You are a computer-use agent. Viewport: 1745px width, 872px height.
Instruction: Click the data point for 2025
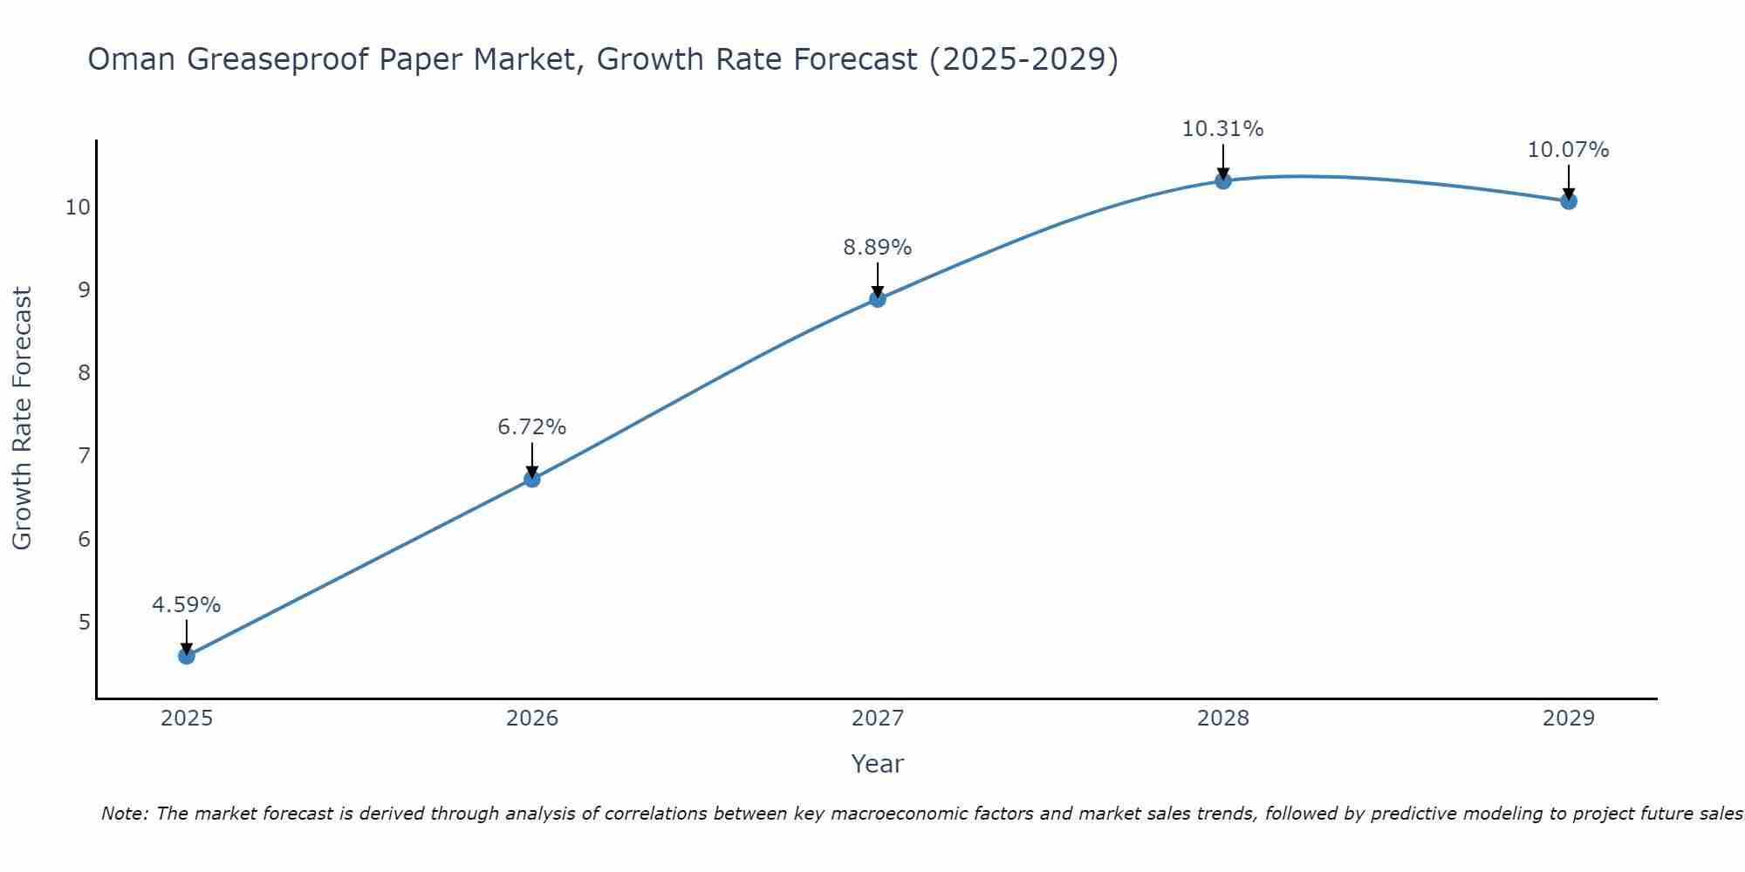(187, 656)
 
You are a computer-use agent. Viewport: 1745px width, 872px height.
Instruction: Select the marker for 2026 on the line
(532, 479)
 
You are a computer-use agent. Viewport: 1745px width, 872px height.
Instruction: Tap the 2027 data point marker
(878, 299)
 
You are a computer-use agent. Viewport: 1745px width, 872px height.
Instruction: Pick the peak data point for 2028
(1223, 181)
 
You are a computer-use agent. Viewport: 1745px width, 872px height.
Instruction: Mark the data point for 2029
(1569, 201)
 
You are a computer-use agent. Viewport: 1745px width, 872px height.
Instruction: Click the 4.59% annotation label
(187, 605)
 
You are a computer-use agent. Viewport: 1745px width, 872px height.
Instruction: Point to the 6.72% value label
(532, 427)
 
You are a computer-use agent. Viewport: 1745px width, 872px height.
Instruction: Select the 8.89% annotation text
(878, 248)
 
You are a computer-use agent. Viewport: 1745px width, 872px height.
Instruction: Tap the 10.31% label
(1223, 129)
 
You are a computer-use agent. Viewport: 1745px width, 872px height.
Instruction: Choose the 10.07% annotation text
(1569, 150)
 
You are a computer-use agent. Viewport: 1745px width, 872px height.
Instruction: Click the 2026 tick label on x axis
(532, 719)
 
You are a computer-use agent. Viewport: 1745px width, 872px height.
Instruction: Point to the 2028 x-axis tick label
(1223, 719)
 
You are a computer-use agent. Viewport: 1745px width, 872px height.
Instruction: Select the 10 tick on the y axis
(78, 208)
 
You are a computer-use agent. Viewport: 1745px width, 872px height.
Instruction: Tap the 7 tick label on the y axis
(84, 456)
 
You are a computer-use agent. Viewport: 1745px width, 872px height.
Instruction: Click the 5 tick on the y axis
(84, 623)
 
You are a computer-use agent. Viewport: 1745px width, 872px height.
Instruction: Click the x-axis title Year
(878, 764)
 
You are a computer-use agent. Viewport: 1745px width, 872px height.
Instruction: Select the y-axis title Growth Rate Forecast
(23, 419)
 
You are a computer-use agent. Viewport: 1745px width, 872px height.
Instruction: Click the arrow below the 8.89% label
(878, 279)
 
